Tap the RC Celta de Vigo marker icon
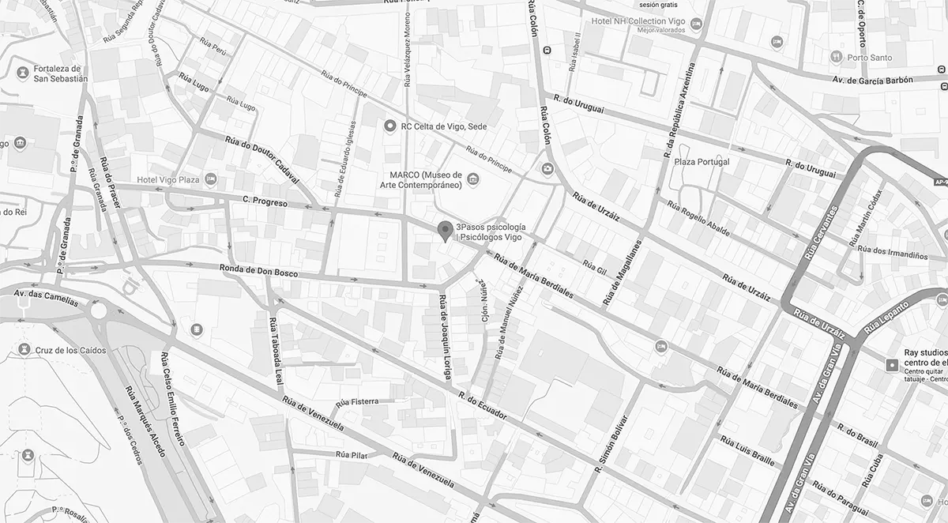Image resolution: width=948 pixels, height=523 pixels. tap(389, 126)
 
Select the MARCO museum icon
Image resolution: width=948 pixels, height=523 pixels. tap(472, 179)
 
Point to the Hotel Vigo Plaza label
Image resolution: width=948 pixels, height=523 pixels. tap(167, 180)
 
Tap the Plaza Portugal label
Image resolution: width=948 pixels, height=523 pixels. tap(701, 162)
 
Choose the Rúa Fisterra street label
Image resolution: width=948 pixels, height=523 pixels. tap(357, 402)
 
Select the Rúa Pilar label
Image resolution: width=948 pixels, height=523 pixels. tap(352, 454)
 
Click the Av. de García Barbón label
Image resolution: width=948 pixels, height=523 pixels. tap(872, 80)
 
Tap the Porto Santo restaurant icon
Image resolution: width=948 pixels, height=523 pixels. tap(836, 57)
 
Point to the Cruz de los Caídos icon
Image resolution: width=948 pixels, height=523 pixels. tap(23, 349)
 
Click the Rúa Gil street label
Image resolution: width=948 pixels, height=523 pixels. tap(594, 268)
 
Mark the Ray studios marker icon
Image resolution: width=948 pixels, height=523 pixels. tap(892, 364)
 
